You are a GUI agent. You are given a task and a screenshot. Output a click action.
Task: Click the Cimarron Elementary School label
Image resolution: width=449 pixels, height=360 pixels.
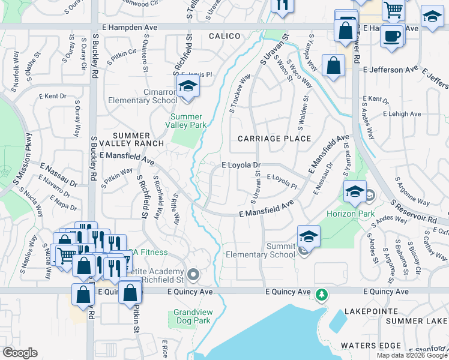click(142, 96)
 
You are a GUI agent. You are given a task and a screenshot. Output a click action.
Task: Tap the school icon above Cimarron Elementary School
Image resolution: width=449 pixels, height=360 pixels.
click(188, 86)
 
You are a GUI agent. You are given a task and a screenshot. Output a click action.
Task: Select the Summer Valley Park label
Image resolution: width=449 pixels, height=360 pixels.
click(188, 121)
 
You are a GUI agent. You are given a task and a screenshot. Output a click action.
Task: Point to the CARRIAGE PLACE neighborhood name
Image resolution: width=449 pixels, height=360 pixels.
click(274, 139)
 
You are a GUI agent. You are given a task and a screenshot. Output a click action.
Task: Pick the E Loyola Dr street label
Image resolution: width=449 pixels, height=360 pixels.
click(241, 164)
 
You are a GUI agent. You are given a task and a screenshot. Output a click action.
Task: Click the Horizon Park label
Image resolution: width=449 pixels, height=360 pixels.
click(351, 214)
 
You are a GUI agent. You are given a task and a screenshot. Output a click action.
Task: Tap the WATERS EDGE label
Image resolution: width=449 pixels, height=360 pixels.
click(370, 346)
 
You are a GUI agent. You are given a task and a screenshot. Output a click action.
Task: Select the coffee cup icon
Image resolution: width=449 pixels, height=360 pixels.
click(392, 35)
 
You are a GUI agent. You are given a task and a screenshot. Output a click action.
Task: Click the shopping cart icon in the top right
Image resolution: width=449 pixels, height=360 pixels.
click(393, 10)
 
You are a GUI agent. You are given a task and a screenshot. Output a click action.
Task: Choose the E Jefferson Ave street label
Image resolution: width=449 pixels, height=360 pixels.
click(390, 70)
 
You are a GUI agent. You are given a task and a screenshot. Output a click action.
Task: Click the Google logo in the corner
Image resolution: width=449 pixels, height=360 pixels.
click(20, 353)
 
